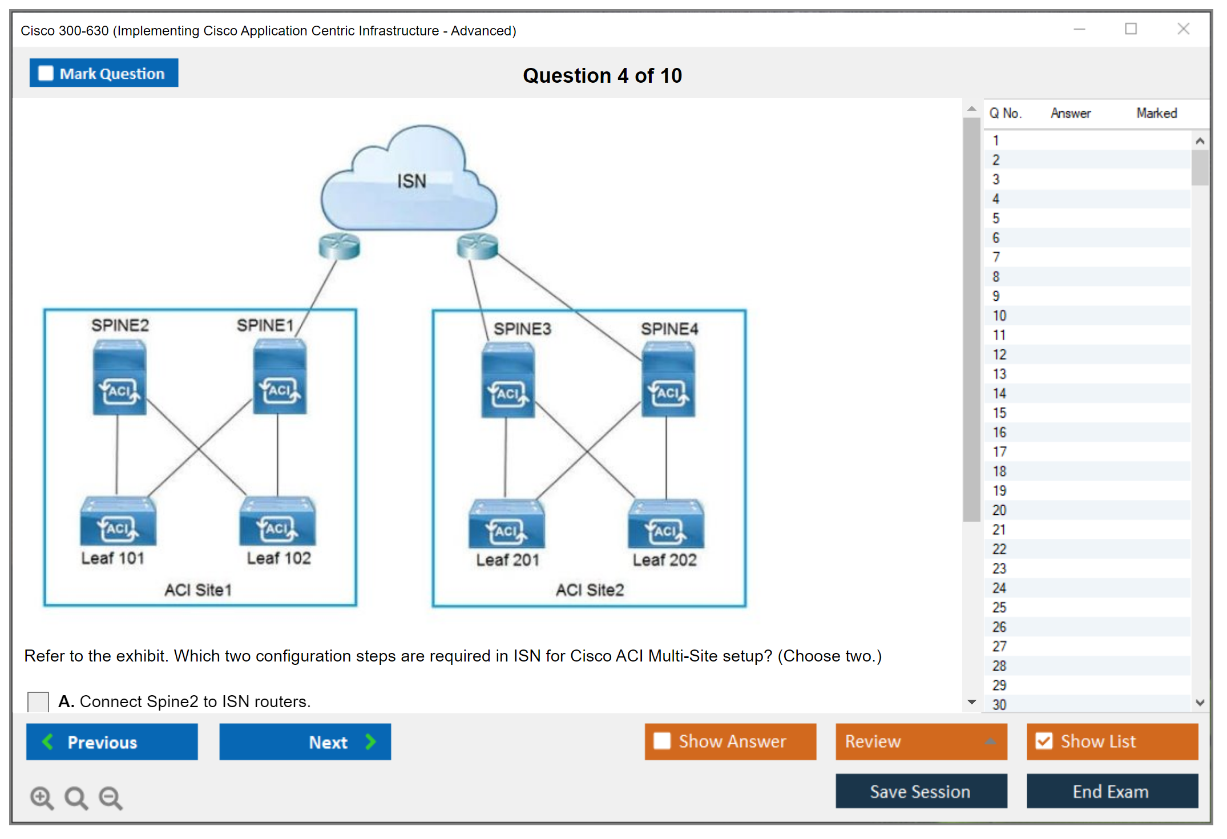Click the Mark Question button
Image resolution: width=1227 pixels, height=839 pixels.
104,73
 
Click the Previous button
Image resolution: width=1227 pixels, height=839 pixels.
112,742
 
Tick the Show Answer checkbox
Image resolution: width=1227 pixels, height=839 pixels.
662,741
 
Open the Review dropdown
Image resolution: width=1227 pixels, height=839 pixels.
921,741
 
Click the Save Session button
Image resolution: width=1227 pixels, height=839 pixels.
921,792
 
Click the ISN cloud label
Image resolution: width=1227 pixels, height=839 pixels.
411,181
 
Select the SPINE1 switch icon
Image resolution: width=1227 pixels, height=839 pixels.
280,377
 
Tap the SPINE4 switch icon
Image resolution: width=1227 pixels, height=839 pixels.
668,380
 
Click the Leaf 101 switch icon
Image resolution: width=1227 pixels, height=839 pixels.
118,522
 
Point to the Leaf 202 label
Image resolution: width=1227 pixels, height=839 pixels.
664,560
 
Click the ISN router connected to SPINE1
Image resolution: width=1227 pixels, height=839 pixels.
339,247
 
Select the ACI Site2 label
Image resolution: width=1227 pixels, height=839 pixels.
590,590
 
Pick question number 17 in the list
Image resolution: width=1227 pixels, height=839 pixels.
999,452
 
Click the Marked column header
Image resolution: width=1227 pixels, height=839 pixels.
1156,113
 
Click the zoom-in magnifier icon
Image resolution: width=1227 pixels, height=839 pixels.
42,798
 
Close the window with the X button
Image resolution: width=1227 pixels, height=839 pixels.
1183,29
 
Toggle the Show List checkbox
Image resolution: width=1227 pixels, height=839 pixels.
1044,741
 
